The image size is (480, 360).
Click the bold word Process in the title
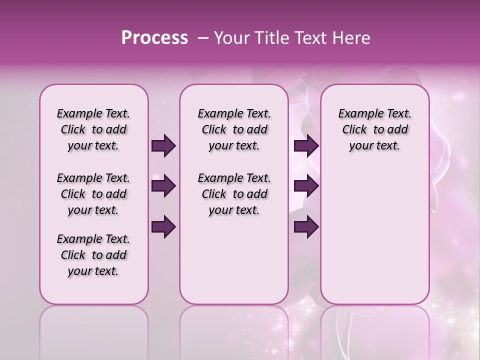pos(154,38)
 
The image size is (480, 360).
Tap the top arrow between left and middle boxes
pos(163,146)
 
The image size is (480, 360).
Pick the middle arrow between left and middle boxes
pos(163,186)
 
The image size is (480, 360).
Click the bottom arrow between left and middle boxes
pos(163,226)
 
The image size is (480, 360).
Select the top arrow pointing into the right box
pos(306,146)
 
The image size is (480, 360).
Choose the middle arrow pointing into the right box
pos(306,186)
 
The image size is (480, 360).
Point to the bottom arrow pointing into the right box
pos(306,226)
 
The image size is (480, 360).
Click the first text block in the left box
pos(93,129)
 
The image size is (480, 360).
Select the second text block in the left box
pos(93,194)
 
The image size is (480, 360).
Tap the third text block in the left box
pos(93,255)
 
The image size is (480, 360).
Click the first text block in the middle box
pos(234,129)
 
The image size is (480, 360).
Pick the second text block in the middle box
pos(234,194)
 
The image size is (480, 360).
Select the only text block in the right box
pos(375,129)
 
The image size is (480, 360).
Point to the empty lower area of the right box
pos(375,235)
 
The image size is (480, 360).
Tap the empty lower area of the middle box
pos(234,260)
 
